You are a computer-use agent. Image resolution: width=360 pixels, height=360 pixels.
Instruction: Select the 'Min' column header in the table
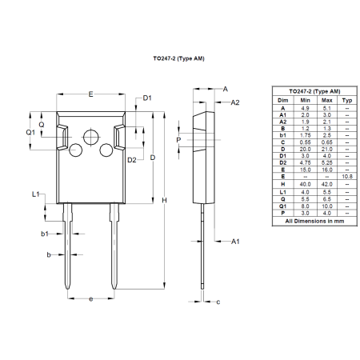click(305, 100)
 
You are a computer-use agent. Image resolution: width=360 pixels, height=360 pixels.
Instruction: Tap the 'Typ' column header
click(346, 100)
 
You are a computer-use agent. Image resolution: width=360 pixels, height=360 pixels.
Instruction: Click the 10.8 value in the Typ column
click(346, 175)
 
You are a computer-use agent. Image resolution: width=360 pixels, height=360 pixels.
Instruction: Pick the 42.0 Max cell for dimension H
click(326, 184)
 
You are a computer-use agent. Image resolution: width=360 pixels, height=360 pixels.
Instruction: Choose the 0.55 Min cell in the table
click(305, 142)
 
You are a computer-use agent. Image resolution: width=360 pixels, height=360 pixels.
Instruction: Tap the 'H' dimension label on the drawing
click(164, 199)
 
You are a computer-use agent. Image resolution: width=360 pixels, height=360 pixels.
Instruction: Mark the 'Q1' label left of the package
click(30, 132)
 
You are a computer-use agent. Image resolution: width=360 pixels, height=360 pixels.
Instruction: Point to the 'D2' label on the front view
click(132, 160)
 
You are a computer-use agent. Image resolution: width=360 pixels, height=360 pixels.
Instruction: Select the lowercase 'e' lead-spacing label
click(90, 299)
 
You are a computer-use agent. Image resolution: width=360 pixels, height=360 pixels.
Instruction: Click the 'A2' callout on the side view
click(235, 103)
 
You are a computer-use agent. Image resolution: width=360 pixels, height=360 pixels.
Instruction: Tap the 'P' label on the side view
click(178, 139)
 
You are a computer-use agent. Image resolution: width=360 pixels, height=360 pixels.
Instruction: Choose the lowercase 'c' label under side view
click(218, 302)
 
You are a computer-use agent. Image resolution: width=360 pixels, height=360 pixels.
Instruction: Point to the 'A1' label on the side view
click(235, 241)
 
